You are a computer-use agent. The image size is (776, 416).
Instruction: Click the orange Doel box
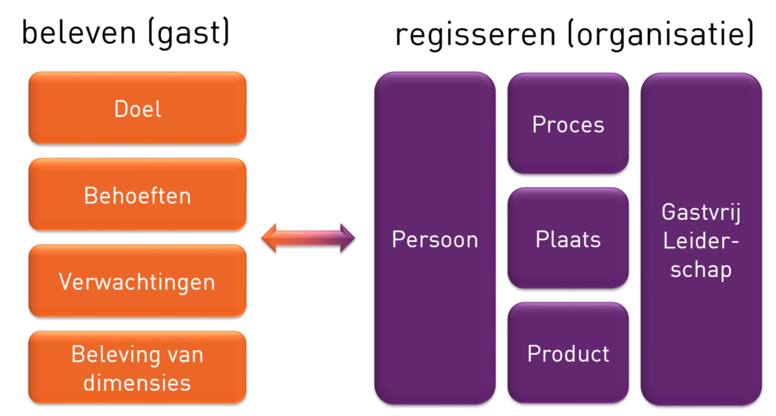pyautogui.click(x=138, y=108)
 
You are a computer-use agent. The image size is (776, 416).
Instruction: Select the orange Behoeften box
pyautogui.click(x=138, y=195)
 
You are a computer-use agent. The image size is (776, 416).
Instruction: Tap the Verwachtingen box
pyautogui.click(x=138, y=281)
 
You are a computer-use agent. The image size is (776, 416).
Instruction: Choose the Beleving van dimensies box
pyautogui.click(x=138, y=367)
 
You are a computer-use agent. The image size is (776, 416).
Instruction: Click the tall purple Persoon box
pyautogui.click(x=435, y=238)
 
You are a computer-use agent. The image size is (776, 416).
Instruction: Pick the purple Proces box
pyautogui.click(x=568, y=124)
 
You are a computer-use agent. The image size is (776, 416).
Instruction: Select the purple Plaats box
pyautogui.click(x=568, y=238)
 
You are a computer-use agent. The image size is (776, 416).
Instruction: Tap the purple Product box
pyautogui.click(x=568, y=353)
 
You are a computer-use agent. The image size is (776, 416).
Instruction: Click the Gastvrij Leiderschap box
pyautogui.click(x=701, y=239)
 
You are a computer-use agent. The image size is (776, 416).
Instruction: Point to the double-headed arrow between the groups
pyautogui.click(x=308, y=238)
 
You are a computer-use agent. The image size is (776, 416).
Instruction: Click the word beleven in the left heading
pyautogui.click(x=79, y=33)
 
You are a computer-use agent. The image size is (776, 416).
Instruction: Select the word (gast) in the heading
pyautogui.click(x=189, y=34)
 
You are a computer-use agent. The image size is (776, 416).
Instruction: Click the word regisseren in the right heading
pyautogui.click(x=475, y=35)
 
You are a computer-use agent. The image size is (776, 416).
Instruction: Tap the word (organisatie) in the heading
pyautogui.click(x=661, y=34)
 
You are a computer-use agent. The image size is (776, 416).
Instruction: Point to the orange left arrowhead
pyautogui.click(x=269, y=238)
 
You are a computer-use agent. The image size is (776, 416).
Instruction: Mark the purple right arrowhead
pyautogui.click(x=348, y=238)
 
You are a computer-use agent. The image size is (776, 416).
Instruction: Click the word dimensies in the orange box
pyautogui.click(x=137, y=382)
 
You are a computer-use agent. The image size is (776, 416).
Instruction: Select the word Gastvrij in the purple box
pyautogui.click(x=701, y=212)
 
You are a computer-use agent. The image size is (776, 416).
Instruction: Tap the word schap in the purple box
pyautogui.click(x=701, y=269)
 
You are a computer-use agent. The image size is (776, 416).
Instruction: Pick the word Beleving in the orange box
pyautogui.click(x=116, y=355)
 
